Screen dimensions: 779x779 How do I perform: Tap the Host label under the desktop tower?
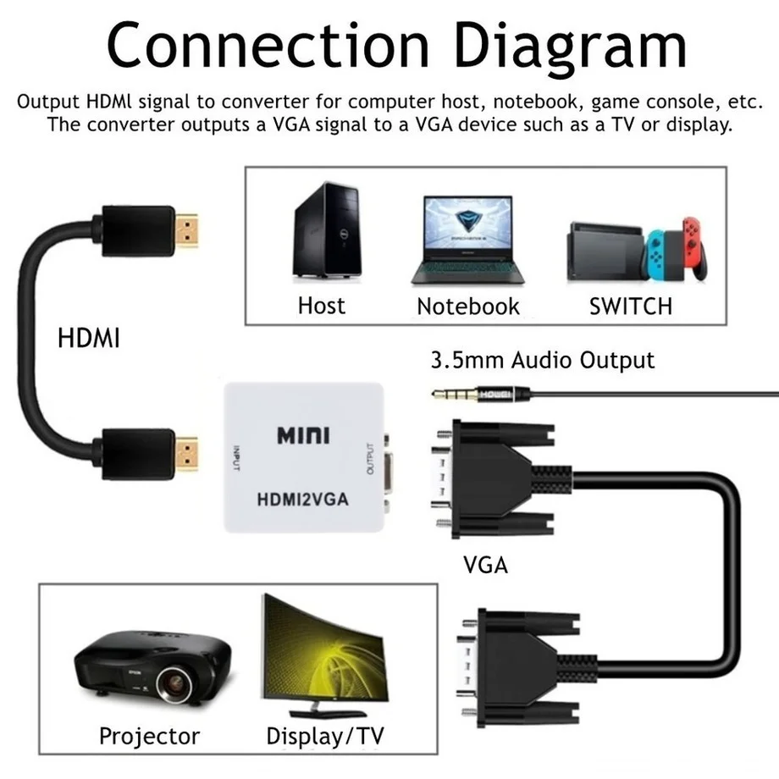322,305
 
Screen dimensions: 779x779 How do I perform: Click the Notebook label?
467,306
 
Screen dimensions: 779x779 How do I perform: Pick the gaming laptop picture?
467,239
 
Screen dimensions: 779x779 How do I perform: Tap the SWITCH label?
630,306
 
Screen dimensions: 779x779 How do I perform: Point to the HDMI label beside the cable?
88,339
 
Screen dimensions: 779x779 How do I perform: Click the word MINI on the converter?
304,436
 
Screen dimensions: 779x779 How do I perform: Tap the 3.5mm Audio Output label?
543,360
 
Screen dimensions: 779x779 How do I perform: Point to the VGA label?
486,565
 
